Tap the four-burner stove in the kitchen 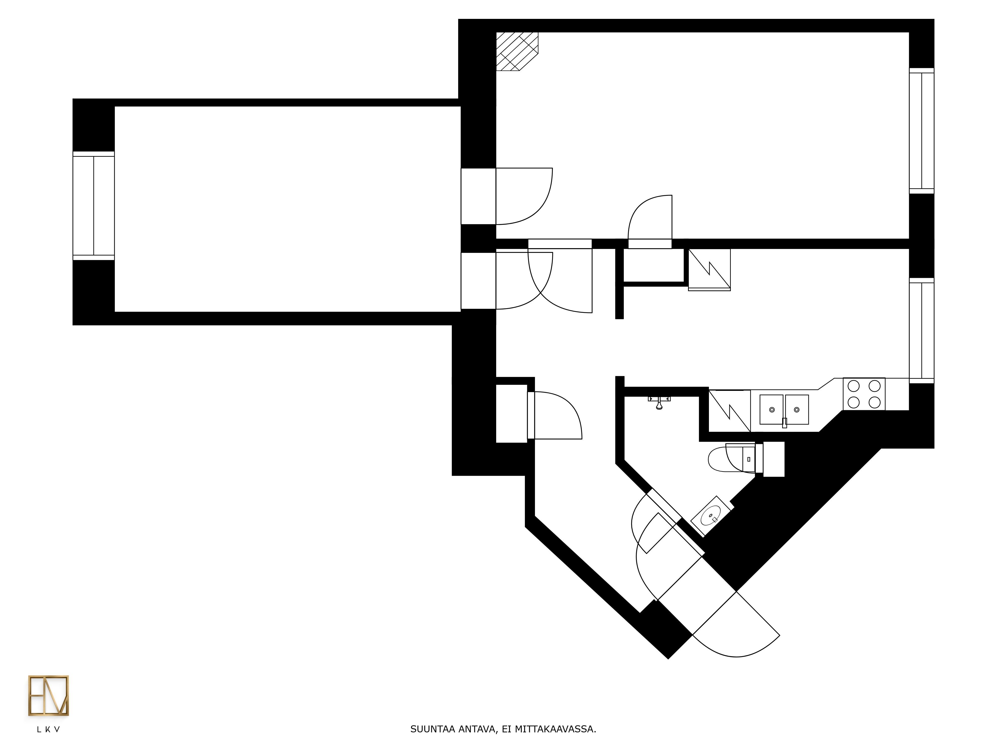click(x=864, y=394)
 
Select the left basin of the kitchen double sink click(x=772, y=409)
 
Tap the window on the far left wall click(x=93, y=206)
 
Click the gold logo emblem click(x=48, y=696)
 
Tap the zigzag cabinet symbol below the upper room click(x=709, y=270)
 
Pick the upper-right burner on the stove click(x=875, y=386)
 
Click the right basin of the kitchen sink click(x=797, y=409)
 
